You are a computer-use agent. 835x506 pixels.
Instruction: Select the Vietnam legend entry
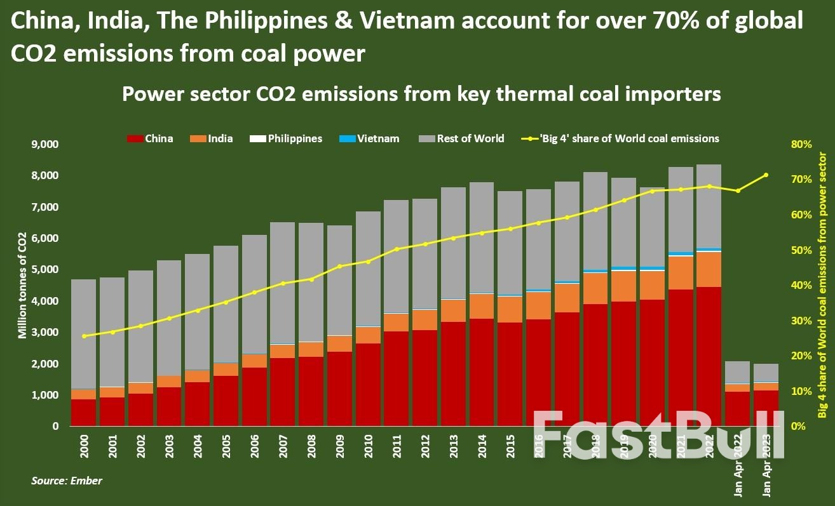click(371, 138)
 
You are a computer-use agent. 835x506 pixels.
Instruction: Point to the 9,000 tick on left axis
click(45, 145)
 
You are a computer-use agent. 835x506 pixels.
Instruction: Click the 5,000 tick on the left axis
click(45, 270)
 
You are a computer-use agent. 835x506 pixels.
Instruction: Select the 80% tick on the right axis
click(801, 145)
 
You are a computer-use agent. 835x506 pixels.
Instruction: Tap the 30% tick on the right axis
click(801, 321)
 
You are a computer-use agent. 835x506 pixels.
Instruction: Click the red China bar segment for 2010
click(368, 384)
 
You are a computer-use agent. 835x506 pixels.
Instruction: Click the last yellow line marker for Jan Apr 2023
click(766, 175)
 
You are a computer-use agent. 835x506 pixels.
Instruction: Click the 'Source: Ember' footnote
click(67, 481)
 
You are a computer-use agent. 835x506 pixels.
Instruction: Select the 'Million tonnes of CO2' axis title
click(22, 286)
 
